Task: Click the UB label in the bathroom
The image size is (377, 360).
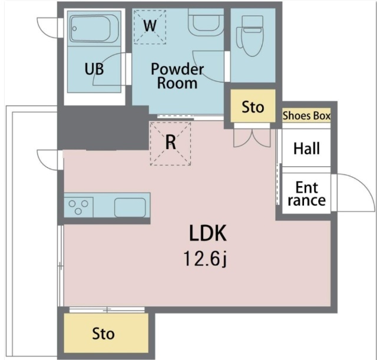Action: tap(94, 69)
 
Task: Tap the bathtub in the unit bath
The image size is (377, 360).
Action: tap(94, 29)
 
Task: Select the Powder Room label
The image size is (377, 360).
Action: tap(177, 76)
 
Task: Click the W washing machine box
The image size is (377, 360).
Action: tap(150, 27)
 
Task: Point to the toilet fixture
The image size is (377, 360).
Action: tap(250, 35)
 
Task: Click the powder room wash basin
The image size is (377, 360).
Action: tap(206, 22)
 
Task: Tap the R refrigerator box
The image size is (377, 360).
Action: tap(170, 144)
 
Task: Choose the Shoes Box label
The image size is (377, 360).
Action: tap(306, 115)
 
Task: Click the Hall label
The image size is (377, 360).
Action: tap(306, 148)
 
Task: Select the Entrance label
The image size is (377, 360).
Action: tap(306, 194)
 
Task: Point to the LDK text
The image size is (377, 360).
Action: tap(208, 233)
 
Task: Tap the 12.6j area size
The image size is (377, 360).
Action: tap(206, 259)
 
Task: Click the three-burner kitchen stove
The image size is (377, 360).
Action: tap(78, 207)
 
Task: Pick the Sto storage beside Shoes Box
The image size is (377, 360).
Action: tap(253, 106)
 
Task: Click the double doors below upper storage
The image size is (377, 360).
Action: tap(252, 138)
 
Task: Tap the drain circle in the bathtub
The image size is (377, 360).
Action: tap(75, 29)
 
